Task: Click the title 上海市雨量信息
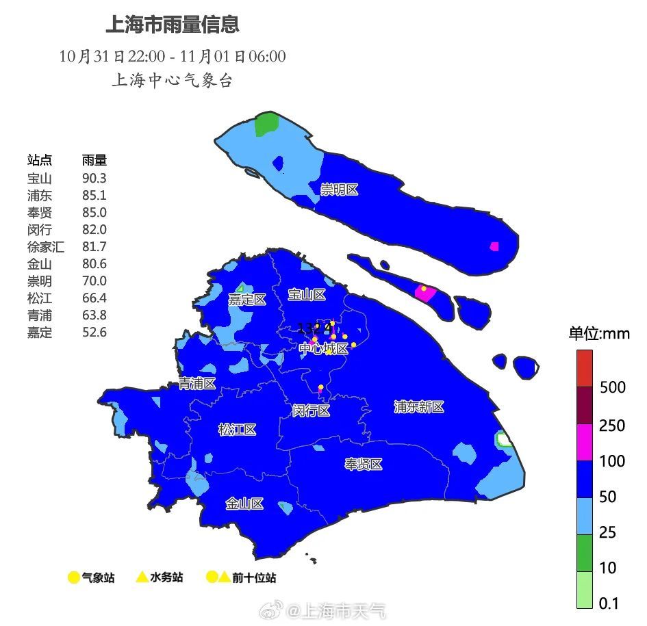172,25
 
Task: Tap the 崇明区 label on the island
340,190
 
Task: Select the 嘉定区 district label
246,300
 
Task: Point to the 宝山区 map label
306,295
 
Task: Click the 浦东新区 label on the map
419,407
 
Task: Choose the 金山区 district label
244,504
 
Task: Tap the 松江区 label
237,430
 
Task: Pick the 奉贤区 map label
363,465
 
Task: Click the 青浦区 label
197,384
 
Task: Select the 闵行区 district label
311,410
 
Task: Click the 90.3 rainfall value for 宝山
94,178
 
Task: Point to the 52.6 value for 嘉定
94,332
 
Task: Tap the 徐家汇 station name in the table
46,247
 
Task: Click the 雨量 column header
94,160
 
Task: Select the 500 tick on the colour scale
612,388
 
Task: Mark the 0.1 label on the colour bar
609,603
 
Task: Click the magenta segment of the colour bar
584,442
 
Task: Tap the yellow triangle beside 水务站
142,577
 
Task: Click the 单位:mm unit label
598,334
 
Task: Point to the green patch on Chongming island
266,125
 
